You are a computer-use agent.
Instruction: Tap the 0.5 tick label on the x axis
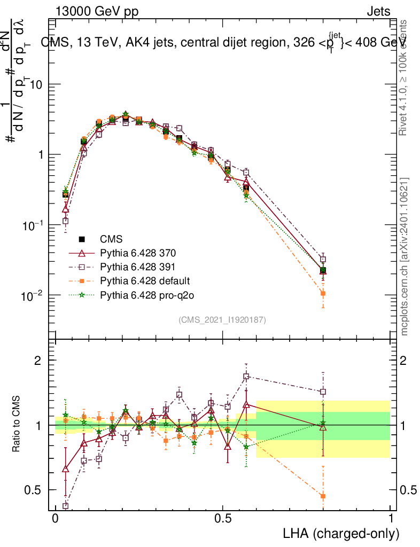[223, 519]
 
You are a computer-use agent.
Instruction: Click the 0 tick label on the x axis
[55, 519]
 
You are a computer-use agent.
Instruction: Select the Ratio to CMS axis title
[16, 425]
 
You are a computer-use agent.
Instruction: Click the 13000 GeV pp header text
[96, 11]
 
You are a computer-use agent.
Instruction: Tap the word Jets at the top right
[378, 11]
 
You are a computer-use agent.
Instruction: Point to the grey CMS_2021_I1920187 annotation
[222, 319]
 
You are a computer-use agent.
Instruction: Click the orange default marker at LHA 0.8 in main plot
[323, 293]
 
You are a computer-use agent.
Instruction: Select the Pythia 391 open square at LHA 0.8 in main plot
[323, 260]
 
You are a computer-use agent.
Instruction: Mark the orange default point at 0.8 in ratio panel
[323, 496]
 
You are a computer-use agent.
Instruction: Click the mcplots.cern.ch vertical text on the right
[405, 256]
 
